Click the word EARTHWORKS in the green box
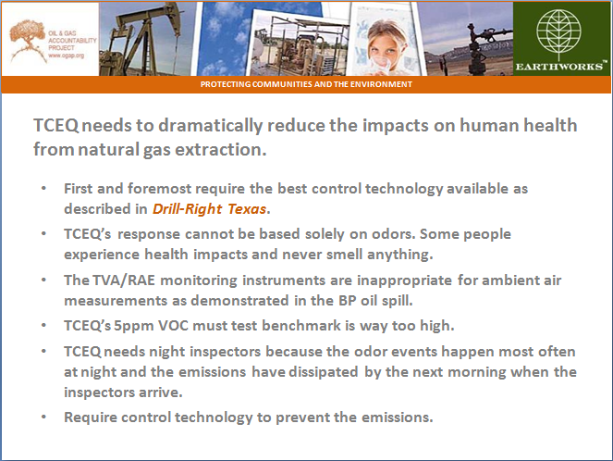[559, 67]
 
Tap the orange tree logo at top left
[27, 40]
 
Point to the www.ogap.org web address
[66, 56]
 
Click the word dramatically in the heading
[210, 126]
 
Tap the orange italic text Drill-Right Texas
[210, 209]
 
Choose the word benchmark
[301, 326]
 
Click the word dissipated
[324, 372]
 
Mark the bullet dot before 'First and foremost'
[43, 189]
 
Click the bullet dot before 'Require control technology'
[43, 417]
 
